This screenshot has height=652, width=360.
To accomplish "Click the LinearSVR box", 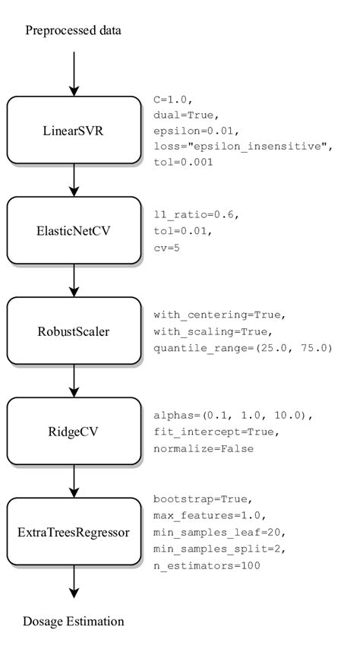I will [x=74, y=130].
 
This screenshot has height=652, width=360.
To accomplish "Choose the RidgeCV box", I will [x=74, y=432].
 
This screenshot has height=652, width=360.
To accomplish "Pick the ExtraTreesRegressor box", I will [x=74, y=532].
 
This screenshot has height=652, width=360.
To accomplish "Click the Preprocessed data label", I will [x=73, y=31].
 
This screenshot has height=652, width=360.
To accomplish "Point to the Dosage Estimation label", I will [x=74, y=622].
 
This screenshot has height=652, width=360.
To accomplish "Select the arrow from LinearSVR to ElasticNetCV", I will [x=74, y=179].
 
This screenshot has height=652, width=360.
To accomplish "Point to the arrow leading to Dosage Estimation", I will [x=74, y=582].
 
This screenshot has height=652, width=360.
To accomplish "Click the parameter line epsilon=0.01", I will [x=190, y=131].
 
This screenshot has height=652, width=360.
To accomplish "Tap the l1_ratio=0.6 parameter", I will [x=196, y=215].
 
